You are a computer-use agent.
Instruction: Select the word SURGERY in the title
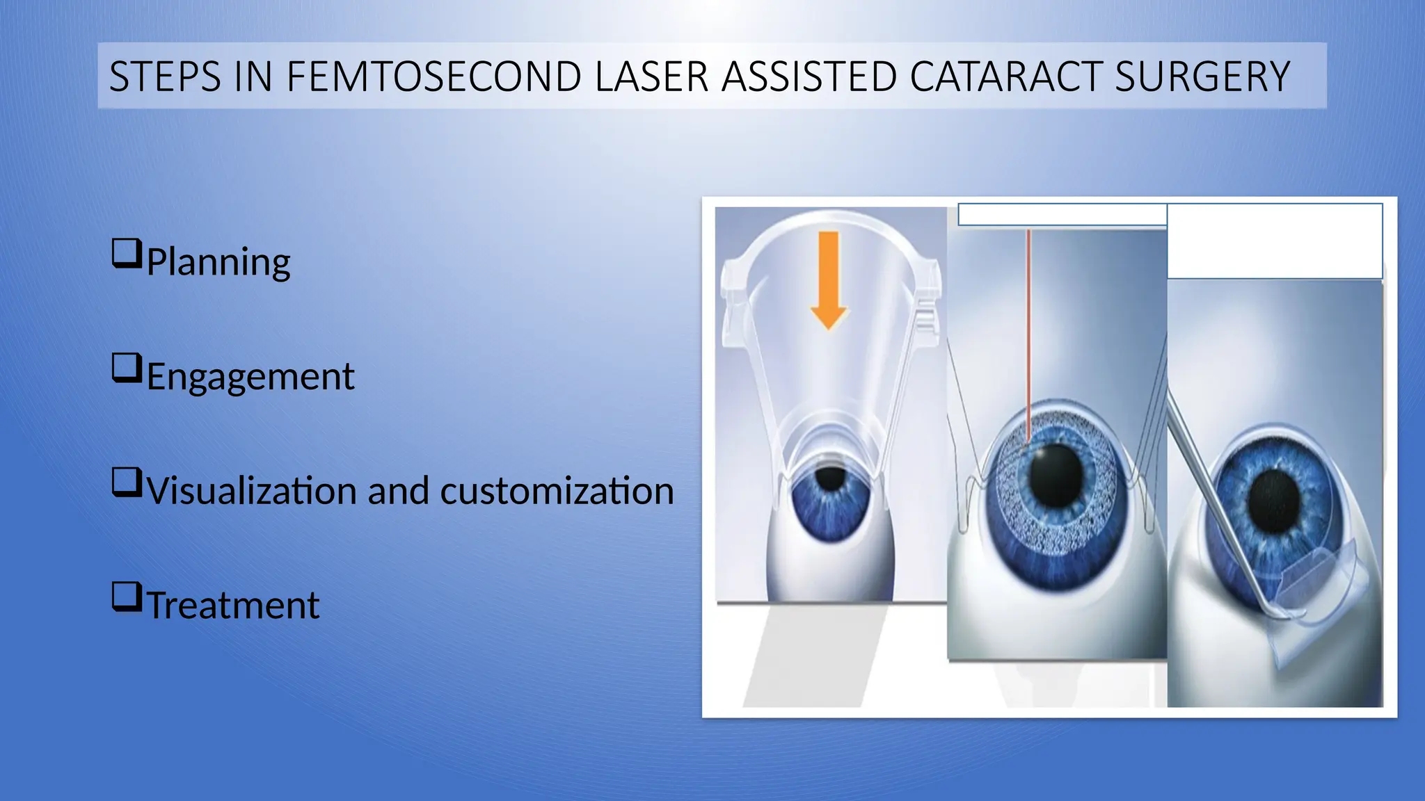pyautogui.click(x=1202, y=76)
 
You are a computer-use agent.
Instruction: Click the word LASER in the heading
pyautogui.click(x=651, y=76)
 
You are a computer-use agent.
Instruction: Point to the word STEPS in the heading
pyautogui.click(x=165, y=76)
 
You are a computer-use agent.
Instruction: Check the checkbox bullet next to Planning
pyautogui.click(x=126, y=254)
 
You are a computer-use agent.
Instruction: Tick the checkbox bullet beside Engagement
pyautogui.click(x=126, y=369)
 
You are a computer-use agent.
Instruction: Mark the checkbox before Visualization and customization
pyautogui.click(x=126, y=483)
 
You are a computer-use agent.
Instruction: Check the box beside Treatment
pyautogui.click(x=126, y=597)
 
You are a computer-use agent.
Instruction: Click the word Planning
pyautogui.click(x=218, y=262)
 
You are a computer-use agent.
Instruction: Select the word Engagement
pyautogui.click(x=250, y=377)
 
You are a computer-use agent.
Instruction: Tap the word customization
pyautogui.click(x=557, y=491)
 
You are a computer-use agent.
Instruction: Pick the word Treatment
pyautogui.click(x=234, y=605)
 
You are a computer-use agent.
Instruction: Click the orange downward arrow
pyautogui.click(x=829, y=278)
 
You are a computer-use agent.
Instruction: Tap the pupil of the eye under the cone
pyautogui.click(x=829, y=478)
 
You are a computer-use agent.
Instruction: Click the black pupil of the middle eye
pyautogui.click(x=1056, y=476)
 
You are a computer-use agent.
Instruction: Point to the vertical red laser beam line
pyautogui.click(x=1028, y=334)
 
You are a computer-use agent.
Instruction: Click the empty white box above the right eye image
pyautogui.click(x=1274, y=241)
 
